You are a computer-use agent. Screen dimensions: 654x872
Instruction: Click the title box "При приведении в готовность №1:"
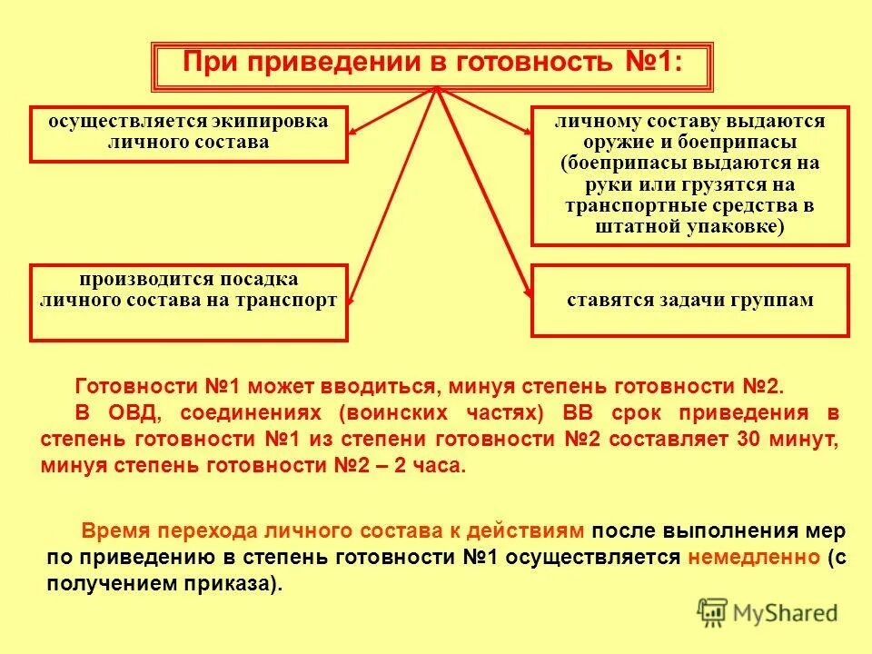pyautogui.click(x=432, y=64)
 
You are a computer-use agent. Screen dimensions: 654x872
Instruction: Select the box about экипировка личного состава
pyautogui.click(x=188, y=134)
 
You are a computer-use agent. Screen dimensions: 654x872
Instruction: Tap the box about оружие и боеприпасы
pyautogui.click(x=689, y=175)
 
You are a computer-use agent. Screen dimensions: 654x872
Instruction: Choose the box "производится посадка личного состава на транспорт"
pyautogui.click(x=188, y=302)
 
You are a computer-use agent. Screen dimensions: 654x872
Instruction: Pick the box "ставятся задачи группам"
pyautogui.click(x=689, y=301)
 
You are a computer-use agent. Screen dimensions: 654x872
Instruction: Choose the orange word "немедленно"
pyautogui.click(x=753, y=558)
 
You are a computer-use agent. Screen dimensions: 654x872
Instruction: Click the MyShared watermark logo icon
pyautogui.click(x=714, y=612)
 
